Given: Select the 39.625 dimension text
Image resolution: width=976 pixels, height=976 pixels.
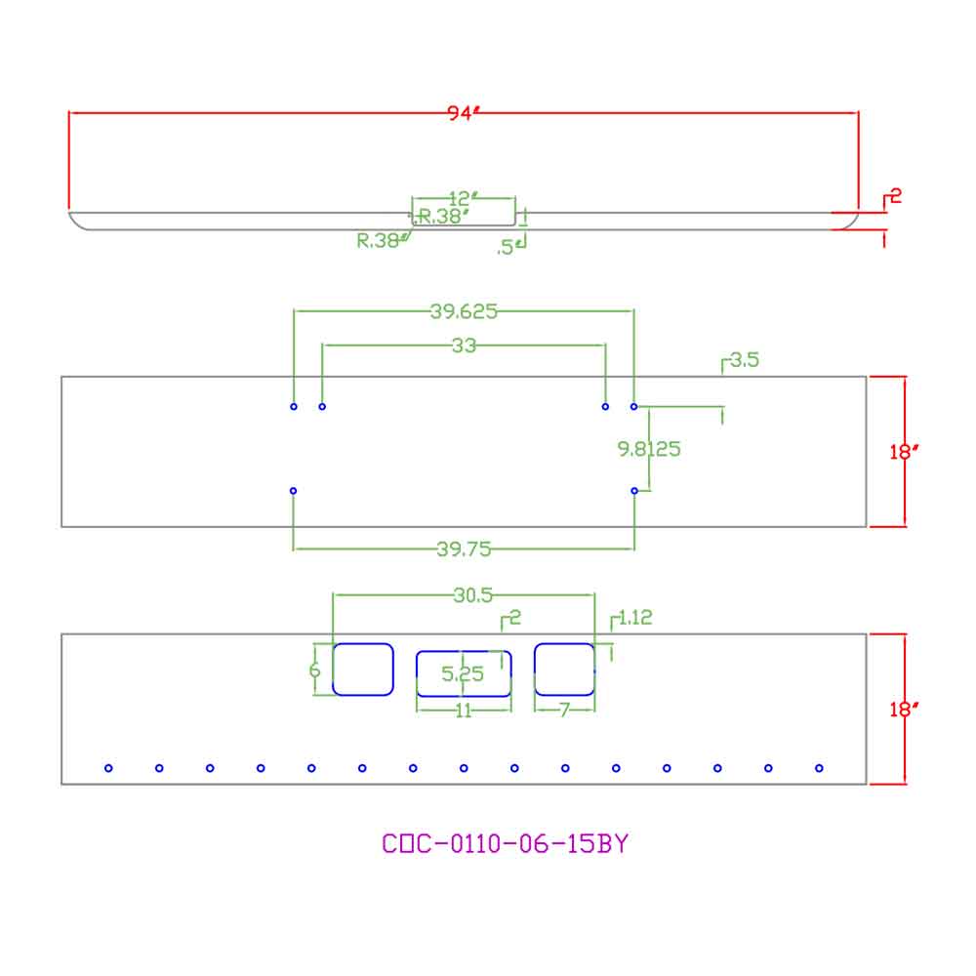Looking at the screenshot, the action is coord(464,311).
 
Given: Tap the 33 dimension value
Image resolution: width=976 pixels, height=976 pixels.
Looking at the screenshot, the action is coord(464,346).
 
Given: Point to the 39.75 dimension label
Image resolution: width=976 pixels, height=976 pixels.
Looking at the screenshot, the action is coord(464,549).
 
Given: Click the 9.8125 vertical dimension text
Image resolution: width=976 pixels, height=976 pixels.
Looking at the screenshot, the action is coord(649,449).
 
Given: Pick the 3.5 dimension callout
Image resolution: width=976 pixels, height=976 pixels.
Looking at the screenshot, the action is coord(745,360).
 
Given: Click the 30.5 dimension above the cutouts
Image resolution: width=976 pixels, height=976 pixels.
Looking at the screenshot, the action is coord(473,595).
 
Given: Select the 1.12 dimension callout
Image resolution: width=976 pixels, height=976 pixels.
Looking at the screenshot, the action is coord(635,618).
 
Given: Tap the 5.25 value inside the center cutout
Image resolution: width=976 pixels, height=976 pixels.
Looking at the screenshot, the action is coord(463,673).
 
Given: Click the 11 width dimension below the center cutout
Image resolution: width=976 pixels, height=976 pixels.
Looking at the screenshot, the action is coord(464,711).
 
